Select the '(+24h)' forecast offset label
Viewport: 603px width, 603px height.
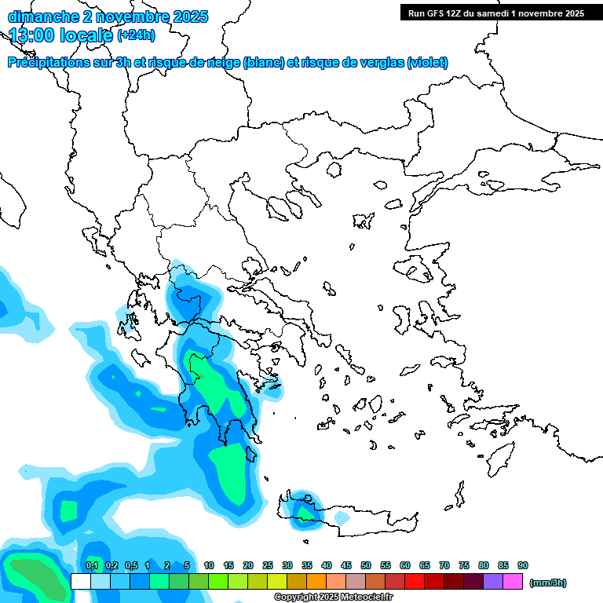click(x=136, y=35)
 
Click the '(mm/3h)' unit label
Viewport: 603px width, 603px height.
click(x=547, y=583)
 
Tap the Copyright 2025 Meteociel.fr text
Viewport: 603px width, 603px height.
click(x=333, y=598)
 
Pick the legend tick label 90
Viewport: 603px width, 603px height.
click(x=523, y=565)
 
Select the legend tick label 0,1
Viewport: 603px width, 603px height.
click(x=92, y=565)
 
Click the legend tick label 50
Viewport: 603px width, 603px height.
click(x=366, y=565)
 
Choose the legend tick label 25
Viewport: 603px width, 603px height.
click(x=268, y=565)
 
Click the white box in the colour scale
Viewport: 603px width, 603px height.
click(x=80, y=582)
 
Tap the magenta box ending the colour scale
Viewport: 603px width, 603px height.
click(x=513, y=582)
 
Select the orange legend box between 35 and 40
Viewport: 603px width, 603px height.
click(x=316, y=582)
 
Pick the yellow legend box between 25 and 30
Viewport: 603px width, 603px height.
click(x=277, y=582)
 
